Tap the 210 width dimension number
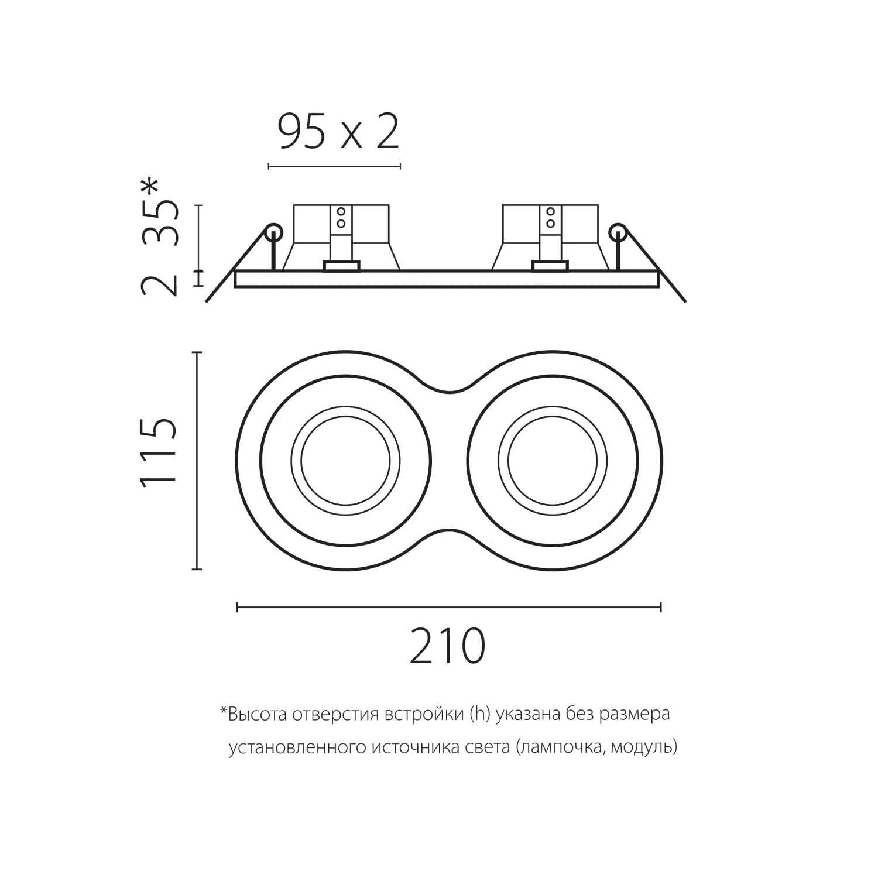coord(448,646)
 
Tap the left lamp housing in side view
coord(341,238)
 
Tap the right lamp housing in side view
coord(550,238)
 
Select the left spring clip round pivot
coord(273,233)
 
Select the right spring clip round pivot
coord(617,233)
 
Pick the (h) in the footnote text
coord(479,715)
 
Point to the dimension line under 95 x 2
coord(334,167)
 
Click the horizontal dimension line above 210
coord(449,607)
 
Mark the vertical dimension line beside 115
coord(197,461)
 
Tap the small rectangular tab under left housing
coord(341,267)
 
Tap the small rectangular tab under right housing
coord(550,267)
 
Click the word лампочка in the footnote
coord(560,748)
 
